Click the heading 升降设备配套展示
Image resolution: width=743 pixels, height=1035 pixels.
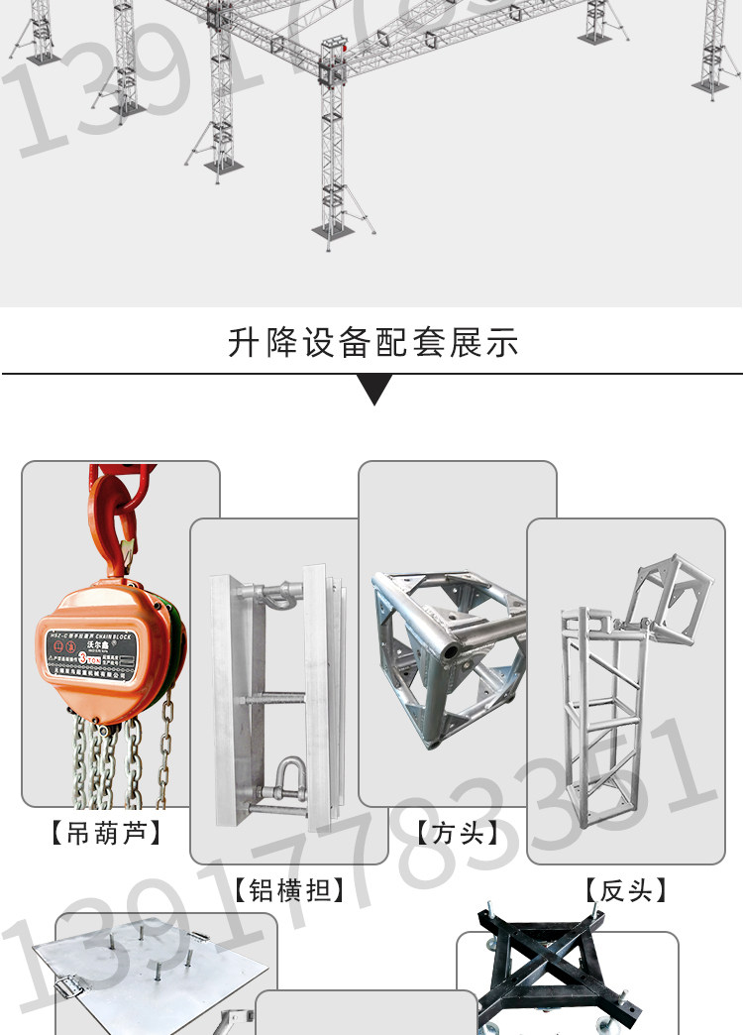click(x=372, y=343)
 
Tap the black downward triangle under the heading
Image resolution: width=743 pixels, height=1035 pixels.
click(x=373, y=390)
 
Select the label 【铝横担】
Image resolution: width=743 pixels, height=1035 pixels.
click(x=289, y=889)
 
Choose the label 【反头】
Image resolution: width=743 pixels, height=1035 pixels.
click(x=625, y=889)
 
